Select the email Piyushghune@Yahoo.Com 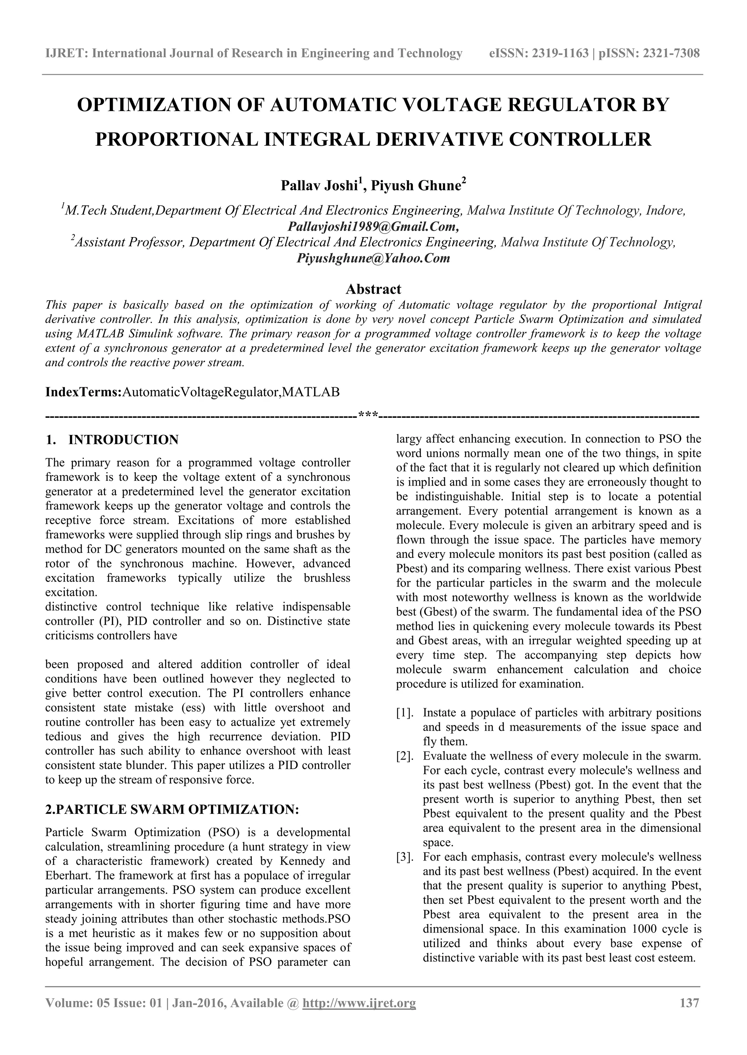tap(373, 258)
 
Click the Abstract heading tap(373, 289)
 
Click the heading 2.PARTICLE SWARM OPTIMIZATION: tap(172, 809)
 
